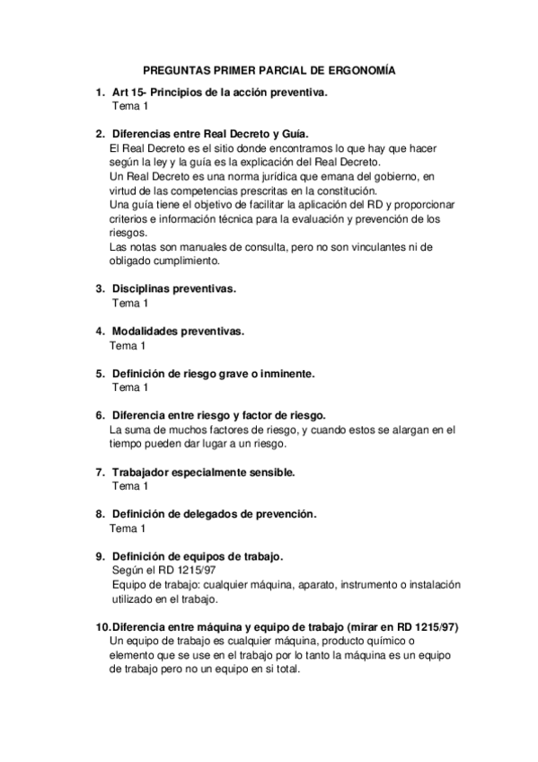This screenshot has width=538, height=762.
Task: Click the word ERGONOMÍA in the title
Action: pyautogui.click(x=361, y=70)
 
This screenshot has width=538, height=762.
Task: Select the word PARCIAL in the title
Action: pyautogui.click(x=267, y=70)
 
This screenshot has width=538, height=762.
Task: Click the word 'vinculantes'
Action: pyautogui.click(x=371, y=247)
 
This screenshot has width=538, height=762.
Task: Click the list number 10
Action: pyautogui.click(x=101, y=626)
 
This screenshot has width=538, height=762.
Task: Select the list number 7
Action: pyautogui.click(x=99, y=471)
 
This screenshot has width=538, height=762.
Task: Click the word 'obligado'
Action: pyautogui.click(x=131, y=261)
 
